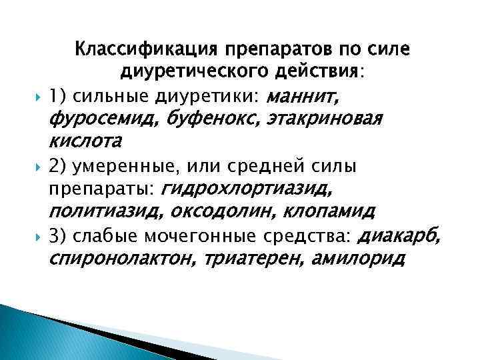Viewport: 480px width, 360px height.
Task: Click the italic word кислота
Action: pos(85,141)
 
